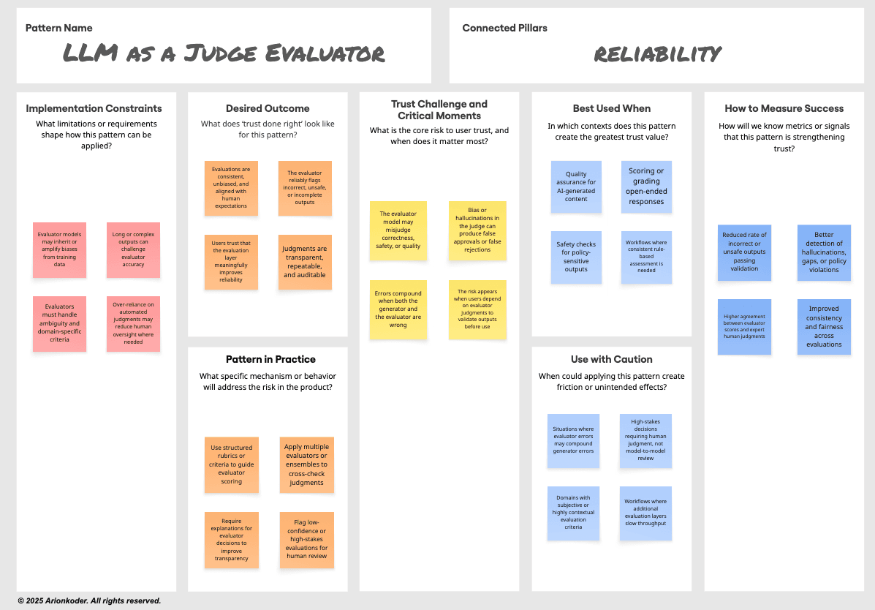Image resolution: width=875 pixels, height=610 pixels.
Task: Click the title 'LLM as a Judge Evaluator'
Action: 224,53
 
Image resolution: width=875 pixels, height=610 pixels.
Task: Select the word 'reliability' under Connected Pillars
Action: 657,53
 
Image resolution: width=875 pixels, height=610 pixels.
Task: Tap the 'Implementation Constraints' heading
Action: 94,108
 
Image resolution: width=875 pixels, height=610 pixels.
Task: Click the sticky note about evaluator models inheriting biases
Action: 59,249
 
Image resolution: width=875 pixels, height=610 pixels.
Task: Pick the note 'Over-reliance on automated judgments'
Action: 133,323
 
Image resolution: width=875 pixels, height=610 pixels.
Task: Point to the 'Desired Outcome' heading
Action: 268,108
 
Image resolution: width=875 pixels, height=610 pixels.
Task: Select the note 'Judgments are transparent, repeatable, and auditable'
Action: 305,262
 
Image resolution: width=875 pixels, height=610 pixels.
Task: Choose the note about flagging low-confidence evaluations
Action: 307,540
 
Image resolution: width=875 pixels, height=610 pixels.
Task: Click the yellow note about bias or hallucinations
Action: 477,230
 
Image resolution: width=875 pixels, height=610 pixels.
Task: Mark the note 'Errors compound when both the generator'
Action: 398,309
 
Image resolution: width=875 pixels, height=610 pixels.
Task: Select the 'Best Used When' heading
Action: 611,108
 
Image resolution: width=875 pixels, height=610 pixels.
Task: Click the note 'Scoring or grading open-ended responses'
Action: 646,187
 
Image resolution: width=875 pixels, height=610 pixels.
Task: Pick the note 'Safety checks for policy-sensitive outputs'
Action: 576,257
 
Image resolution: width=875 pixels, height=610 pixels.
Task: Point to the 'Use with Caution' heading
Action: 611,359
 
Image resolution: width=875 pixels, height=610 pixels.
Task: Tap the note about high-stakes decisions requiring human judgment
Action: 645,441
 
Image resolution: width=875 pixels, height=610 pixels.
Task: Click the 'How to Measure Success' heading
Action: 784,108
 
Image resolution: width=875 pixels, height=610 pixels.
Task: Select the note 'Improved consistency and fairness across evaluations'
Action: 824,326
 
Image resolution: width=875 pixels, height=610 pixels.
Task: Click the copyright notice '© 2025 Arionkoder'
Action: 89,600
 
